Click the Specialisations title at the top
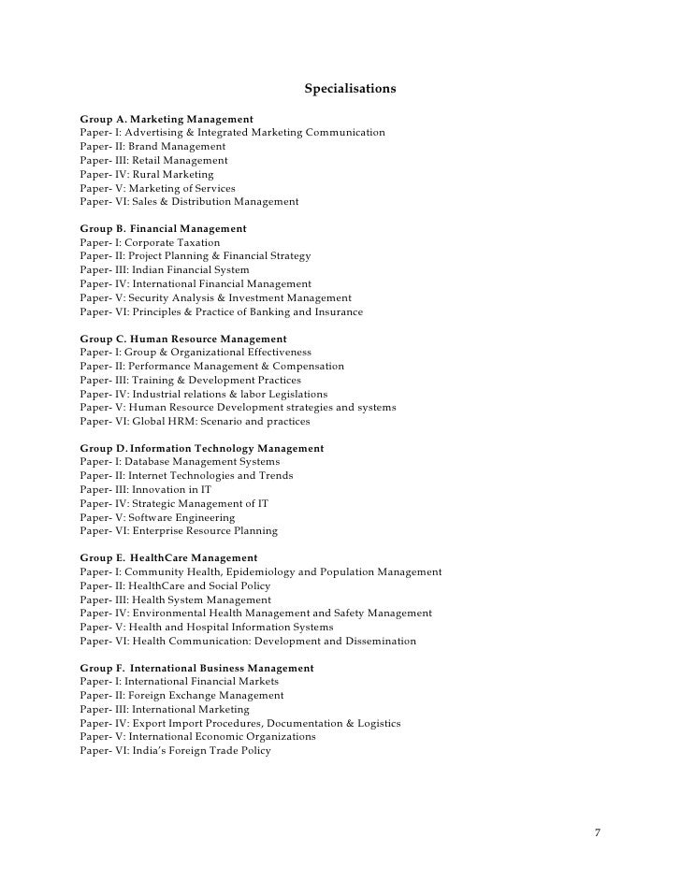[x=350, y=90]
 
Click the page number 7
[x=598, y=831]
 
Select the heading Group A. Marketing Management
[x=167, y=120]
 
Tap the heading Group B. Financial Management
[x=163, y=228]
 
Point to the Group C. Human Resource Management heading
[x=183, y=339]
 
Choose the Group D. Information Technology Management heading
[x=202, y=448]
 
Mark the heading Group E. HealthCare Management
[x=168, y=558]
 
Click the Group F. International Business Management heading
[x=196, y=669]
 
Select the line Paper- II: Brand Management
[x=152, y=147]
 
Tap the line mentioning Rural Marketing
[x=147, y=174]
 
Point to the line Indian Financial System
[x=165, y=270]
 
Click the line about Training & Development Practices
[x=191, y=380]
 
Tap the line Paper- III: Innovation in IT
[x=145, y=490]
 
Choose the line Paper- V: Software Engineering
[x=157, y=517]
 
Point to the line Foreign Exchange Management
[x=181, y=696]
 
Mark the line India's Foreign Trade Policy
[x=175, y=750]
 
